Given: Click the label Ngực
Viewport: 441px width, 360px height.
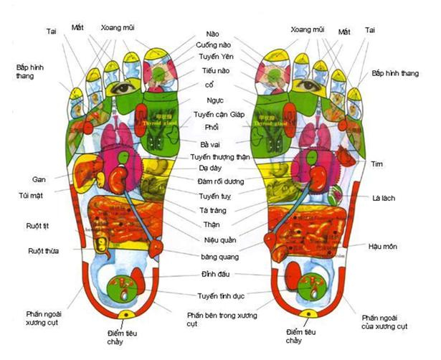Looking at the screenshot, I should coord(214,101).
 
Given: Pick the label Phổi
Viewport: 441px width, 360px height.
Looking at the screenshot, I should coord(212,127).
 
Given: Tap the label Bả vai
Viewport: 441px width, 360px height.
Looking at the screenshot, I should coord(210,143).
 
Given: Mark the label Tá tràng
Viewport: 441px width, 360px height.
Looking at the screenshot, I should coord(213,210).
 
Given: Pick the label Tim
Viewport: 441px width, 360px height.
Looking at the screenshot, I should coord(377,164).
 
